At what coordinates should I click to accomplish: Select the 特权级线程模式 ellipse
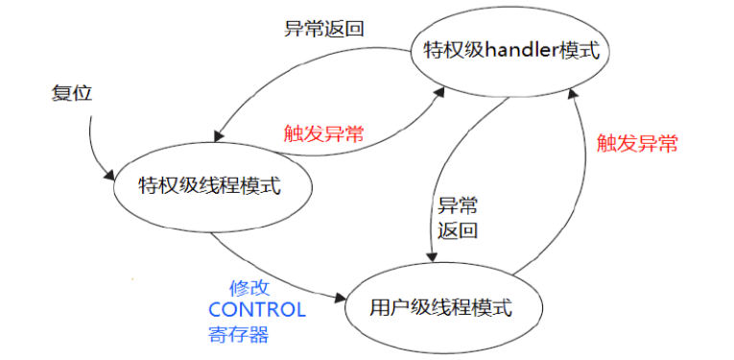pos(210,185)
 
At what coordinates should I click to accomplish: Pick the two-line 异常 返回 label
pos(458,218)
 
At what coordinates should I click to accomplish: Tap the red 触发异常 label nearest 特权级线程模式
pos(323,133)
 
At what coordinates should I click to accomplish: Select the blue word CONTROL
pos(256,310)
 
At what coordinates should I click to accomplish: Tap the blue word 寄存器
pos(238,334)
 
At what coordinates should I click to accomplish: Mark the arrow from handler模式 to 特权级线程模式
pos(288,69)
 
